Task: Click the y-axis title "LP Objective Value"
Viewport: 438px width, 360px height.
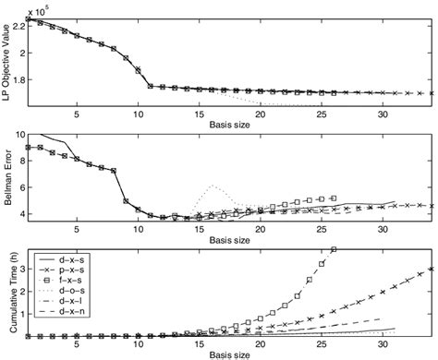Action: coord(7,59)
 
